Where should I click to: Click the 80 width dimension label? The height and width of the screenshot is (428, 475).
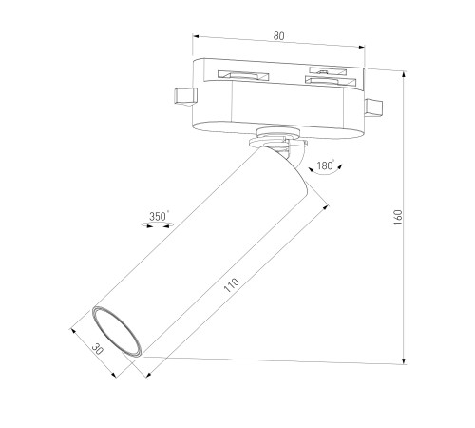pos(278,36)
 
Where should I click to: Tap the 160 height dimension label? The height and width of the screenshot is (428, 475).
pos(398,217)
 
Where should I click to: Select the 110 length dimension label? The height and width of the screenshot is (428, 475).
pos(232,285)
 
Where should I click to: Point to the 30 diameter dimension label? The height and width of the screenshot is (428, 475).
pos(97,349)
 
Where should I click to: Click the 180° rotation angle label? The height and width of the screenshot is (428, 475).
pos(326,165)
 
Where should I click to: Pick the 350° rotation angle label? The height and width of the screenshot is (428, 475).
pos(159,216)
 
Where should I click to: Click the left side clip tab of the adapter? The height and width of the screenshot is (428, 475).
pos(185,95)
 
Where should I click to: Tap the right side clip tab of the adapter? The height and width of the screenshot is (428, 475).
pos(373,107)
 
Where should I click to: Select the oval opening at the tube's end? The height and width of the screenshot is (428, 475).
pos(117,332)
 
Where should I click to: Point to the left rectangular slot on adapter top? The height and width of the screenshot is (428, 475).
pos(243,75)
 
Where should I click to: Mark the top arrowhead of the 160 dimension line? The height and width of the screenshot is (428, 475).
pos(404,74)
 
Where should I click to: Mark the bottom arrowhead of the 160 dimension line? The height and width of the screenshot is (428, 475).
pos(404,361)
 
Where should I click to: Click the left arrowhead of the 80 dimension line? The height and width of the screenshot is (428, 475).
pos(196,36)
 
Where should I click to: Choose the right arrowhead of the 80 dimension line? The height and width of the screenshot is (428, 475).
pos(362,47)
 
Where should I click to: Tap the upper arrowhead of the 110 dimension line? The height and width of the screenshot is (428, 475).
pos(325,207)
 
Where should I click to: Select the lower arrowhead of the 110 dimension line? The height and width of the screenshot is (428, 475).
pos(149,375)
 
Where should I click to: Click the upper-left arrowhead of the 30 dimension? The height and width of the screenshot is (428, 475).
pos(73,331)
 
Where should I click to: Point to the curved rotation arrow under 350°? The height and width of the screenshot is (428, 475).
pos(158,225)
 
